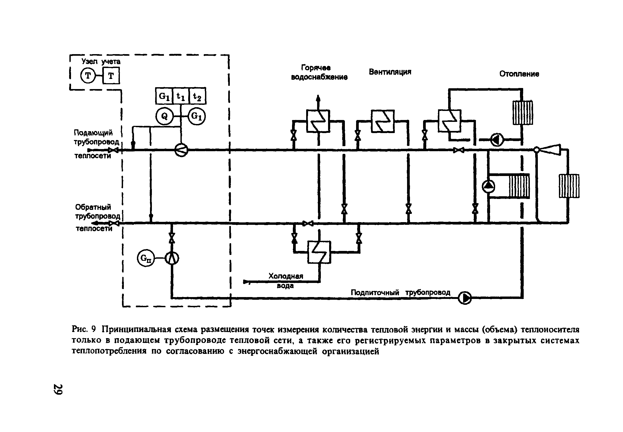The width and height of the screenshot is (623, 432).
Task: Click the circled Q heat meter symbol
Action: point(164,116)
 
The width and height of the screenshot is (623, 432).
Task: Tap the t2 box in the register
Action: point(197,96)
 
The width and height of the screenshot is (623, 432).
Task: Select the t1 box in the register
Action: point(181,96)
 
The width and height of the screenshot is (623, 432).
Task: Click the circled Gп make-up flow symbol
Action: point(146,258)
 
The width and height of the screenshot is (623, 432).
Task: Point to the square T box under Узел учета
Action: point(111,76)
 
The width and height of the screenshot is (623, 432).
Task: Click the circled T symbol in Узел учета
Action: point(88,76)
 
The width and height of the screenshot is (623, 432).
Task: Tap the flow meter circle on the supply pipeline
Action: point(181,150)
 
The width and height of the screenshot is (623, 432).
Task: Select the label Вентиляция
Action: point(390,72)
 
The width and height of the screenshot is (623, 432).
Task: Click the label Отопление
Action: point(519,74)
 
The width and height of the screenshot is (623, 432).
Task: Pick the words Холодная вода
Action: point(286,281)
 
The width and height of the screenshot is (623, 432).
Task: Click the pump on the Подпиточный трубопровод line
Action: point(465,298)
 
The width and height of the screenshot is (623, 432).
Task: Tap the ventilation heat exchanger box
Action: point(383,121)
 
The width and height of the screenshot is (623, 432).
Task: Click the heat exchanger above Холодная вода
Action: point(319,252)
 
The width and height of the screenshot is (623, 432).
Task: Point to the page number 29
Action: point(58,389)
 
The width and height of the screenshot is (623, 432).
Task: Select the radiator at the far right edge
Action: point(569,186)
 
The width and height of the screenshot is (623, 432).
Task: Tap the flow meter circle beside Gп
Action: point(172,258)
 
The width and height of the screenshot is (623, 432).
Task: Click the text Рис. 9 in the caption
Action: point(84,329)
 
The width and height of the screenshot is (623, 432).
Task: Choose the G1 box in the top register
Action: point(164,96)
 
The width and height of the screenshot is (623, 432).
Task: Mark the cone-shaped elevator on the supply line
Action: point(549,150)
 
